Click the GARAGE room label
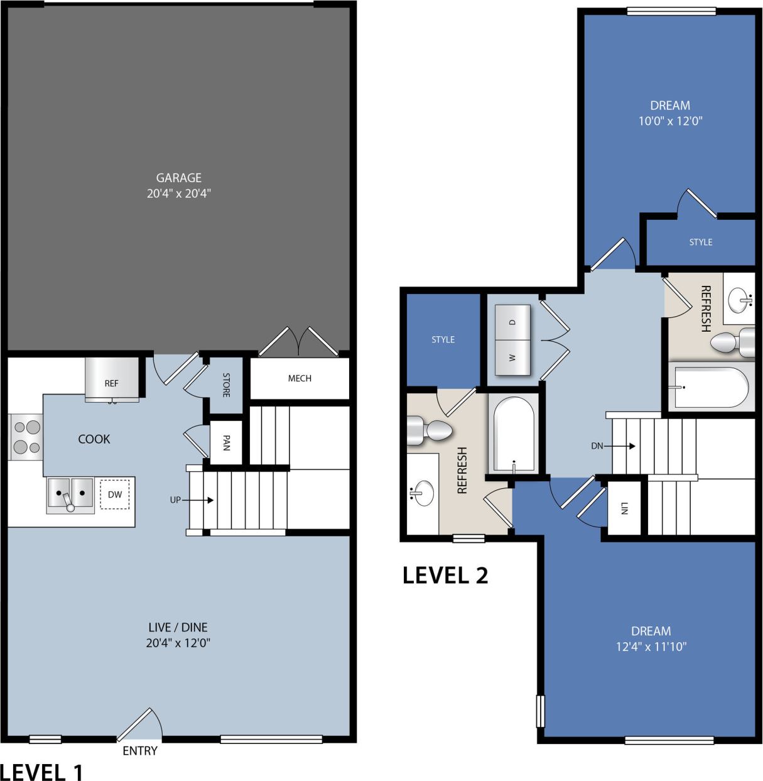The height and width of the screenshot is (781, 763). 178,178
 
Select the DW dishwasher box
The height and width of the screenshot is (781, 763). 115,494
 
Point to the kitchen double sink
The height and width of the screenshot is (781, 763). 70,494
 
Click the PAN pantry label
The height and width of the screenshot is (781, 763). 226,443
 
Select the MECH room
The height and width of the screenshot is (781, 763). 300,378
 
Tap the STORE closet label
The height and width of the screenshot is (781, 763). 226,385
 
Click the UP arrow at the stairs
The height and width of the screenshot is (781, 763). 198,500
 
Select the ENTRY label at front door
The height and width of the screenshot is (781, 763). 139,751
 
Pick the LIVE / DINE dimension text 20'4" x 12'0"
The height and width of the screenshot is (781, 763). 179,643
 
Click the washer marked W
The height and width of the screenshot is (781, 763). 512,358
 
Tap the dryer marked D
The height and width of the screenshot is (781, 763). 512,322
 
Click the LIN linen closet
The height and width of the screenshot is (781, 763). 624,508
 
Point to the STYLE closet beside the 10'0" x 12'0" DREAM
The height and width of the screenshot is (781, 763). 701,242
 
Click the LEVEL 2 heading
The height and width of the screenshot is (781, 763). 445,575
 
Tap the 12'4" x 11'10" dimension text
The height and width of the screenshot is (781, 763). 651,646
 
